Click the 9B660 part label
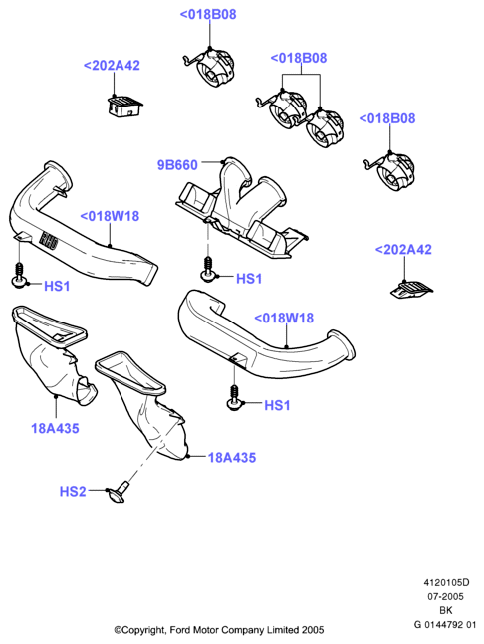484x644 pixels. tap(177, 165)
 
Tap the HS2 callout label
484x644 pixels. tap(73, 492)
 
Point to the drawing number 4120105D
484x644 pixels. tap(446, 582)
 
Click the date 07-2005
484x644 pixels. tap(446, 596)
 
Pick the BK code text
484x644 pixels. tap(446, 610)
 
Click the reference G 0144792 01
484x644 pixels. tap(445, 625)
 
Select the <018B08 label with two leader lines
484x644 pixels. tap(299, 58)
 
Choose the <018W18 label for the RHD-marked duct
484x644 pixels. tap(110, 216)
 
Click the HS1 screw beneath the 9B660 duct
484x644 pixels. tap(208, 270)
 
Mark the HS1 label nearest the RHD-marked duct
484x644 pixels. tap(57, 286)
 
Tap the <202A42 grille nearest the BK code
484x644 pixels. tap(411, 290)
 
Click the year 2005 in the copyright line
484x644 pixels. tap(313, 630)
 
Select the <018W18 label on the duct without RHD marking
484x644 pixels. tap(284, 318)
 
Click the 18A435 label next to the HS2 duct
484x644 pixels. tap(232, 458)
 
